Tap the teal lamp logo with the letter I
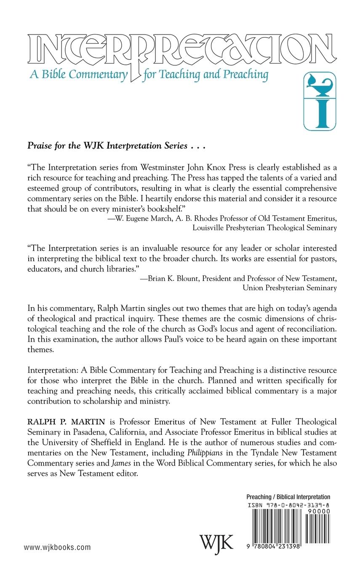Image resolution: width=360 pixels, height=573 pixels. (x=320, y=101)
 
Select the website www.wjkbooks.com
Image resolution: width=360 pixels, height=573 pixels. (x=57, y=547)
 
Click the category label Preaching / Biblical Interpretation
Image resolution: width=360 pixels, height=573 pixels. (x=288, y=497)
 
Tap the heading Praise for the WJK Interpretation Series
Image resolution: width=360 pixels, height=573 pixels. (x=111, y=146)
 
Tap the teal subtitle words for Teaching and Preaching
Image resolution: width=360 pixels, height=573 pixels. (x=205, y=75)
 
